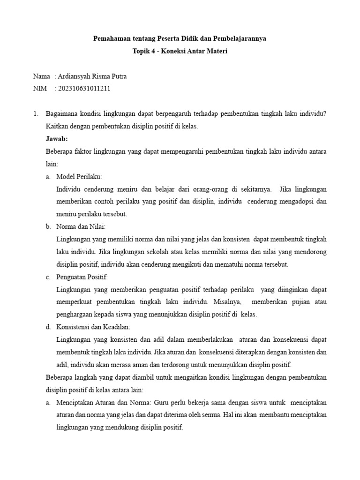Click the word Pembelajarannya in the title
tap(240, 38)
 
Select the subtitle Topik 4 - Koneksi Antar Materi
tap(180, 52)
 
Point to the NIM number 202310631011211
tap(84, 88)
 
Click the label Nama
tap(41, 76)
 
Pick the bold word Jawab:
tap(57, 139)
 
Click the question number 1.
tap(35, 114)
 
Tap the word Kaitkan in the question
tap(57, 127)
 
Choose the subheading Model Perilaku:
tap(79, 176)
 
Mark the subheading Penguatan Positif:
tap(82, 277)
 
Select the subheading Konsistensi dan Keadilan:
tap(93, 327)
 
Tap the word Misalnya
tap(225, 301)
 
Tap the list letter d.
tap(48, 327)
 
